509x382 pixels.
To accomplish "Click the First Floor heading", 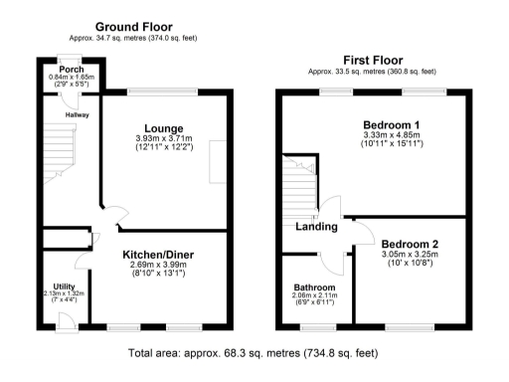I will point(372,60).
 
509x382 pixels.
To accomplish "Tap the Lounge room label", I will point(163,127).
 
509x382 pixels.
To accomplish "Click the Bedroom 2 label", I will point(410,244).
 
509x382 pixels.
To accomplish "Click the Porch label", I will point(72,69).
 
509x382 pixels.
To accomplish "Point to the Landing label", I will point(317,228).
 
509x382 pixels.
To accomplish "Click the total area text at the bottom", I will point(254,353).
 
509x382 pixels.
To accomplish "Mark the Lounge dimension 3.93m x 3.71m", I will point(163,138).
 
